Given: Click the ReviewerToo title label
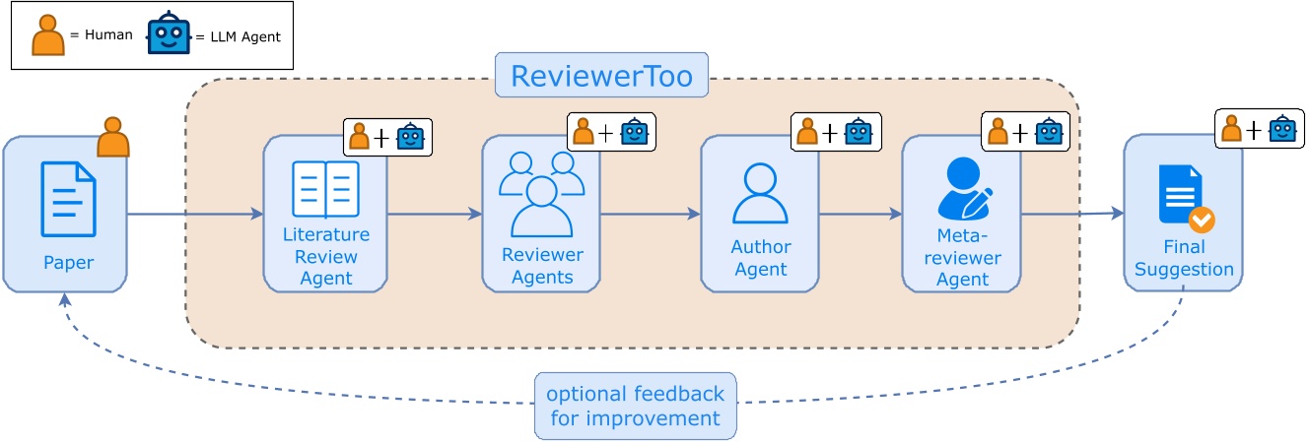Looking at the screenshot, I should (x=601, y=76).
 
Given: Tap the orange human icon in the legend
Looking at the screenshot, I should (x=47, y=35).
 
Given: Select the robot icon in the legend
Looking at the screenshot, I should (x=169, y=34).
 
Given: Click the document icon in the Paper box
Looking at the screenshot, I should (x=68, y=200).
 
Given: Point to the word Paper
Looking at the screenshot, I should (x=68, y=263).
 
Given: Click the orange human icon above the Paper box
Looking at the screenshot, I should (x=112, y=138).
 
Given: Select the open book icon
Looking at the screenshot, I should (x=325, y=190).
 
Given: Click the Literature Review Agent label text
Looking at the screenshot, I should (x=325, y=256).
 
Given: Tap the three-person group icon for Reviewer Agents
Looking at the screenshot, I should (x=541, y=193).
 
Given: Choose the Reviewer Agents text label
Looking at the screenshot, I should (x=542, y=266).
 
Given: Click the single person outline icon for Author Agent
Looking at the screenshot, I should (x=760, y=193).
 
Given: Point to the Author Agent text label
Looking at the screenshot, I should (x=760, y=258).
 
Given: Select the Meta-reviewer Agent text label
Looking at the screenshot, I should (x=962, y=258).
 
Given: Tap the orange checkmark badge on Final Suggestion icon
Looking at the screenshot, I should (x=1201, y=220).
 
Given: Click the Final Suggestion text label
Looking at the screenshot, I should (x=1184, y=258).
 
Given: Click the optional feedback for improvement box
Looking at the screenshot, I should (x=635, y=406).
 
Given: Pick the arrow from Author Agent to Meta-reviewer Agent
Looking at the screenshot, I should (x=860, y=214).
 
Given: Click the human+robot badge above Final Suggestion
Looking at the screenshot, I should (x=1259, y=129).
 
